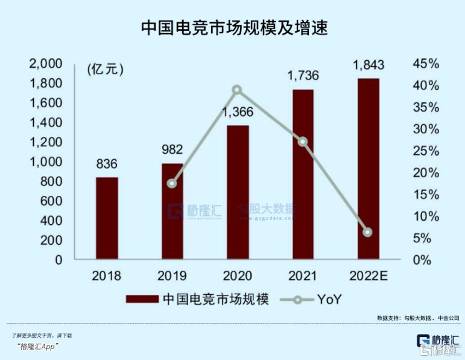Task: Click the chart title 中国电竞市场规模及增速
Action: (233, 27)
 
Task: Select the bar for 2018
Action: (107, 218)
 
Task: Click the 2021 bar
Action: (303, 175)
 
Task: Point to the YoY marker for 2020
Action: (237, 90)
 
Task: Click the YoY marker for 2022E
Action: (368, 232)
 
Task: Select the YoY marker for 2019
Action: (172, 183)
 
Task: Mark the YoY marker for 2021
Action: (303, 142)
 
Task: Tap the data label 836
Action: (107, 164)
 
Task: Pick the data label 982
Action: (172, 150)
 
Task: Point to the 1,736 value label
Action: (303, 76)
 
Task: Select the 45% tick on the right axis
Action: (427, 64)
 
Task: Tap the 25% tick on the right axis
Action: (427, 151)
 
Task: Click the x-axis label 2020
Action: (237, 276)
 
